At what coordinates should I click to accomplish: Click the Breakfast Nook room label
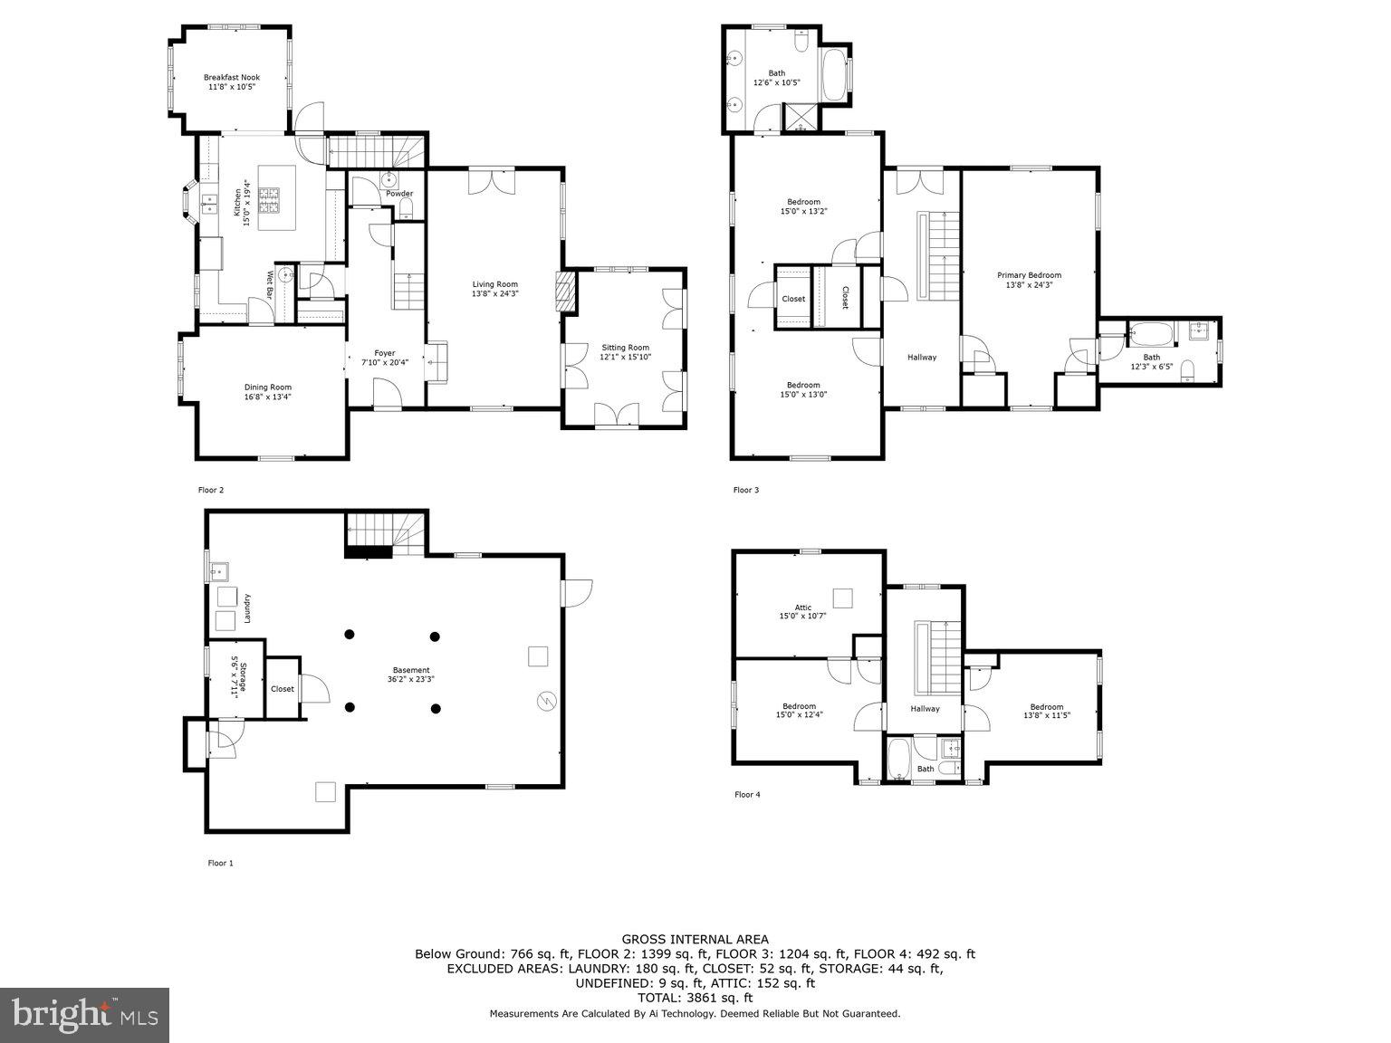click(x=231, y=78)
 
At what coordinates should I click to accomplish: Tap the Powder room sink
click(x=389, y=178)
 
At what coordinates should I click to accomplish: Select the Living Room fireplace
click(x=565, y=292)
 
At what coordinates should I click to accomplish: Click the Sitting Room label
click(x=625, y=348)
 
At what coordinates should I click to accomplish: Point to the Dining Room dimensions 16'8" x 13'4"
click(x=267, y=397)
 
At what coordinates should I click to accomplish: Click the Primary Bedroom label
click(x=1029, y=275)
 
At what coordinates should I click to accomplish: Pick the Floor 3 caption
click(x=746, y=491)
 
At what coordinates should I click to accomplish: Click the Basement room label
click(x=411, y=670)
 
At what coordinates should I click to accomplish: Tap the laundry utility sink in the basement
click(x=217, y=571)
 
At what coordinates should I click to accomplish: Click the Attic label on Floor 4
click(x=802, y=608)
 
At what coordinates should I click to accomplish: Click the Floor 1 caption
click(x=220, y=864)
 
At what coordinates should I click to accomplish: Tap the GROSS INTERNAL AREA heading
click(x=695, y=940)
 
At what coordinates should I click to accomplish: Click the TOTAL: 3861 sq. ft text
click(x=695, y=998)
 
